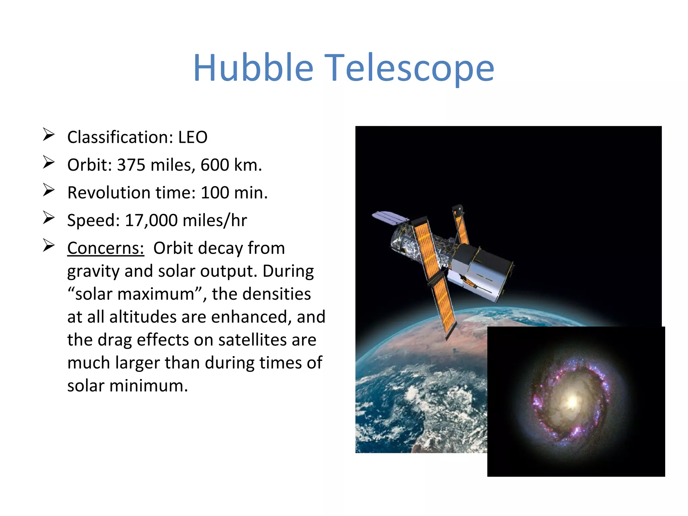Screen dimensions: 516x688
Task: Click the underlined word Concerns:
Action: (105, 248)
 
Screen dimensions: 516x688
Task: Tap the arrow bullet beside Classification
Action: (49, 135)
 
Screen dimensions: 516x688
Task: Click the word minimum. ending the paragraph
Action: (148, 386)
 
